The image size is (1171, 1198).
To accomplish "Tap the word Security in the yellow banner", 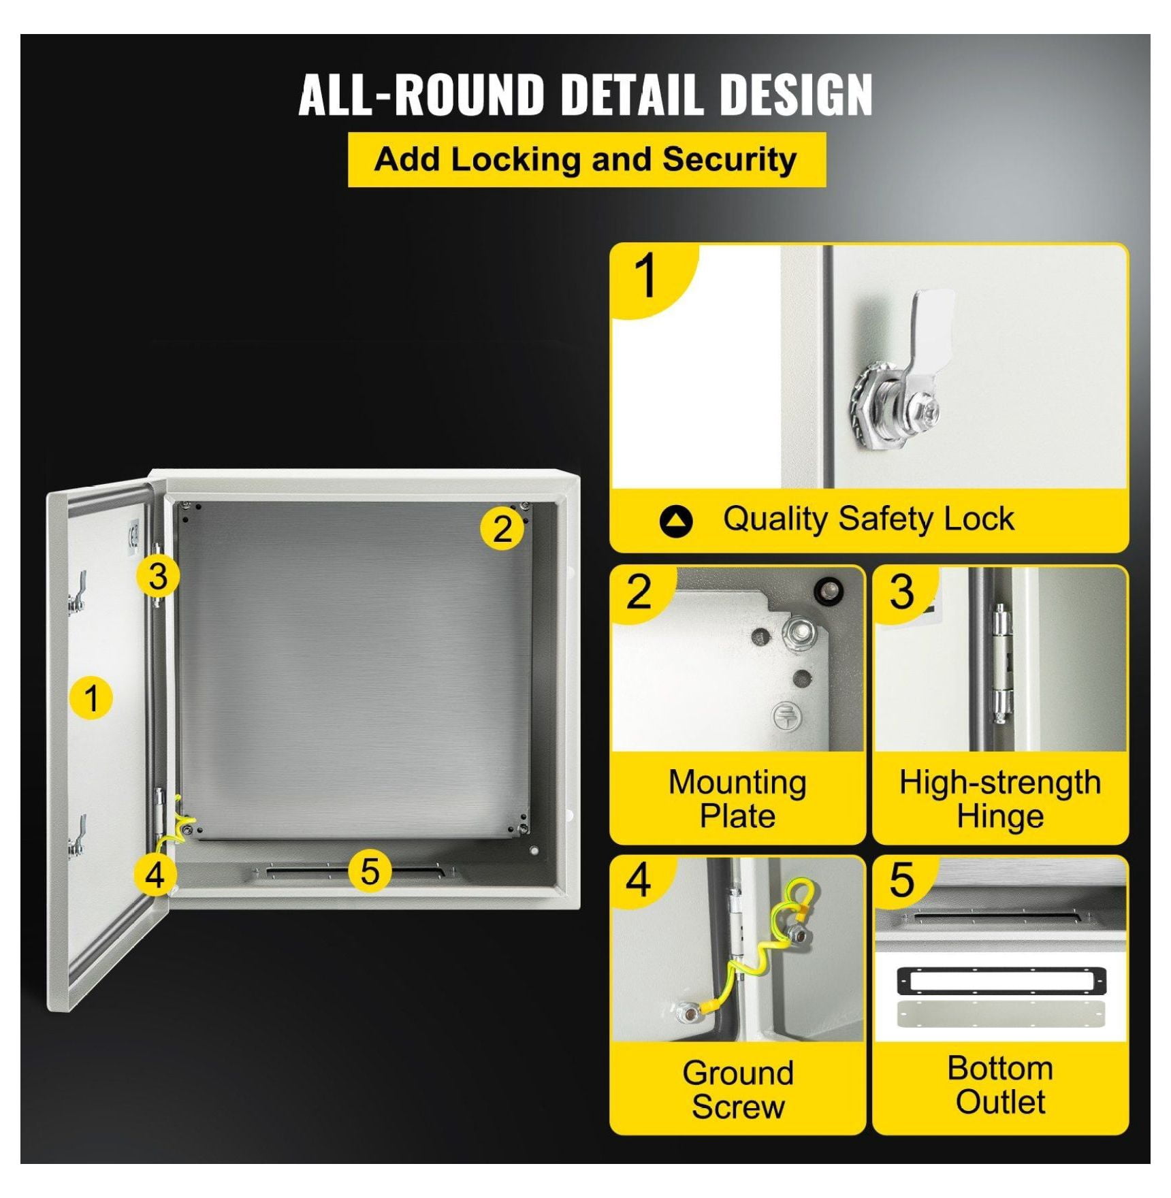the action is click(729, 159).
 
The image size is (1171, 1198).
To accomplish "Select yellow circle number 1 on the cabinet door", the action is click(91, 698).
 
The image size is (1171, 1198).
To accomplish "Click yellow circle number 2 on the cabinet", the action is click(502, 528).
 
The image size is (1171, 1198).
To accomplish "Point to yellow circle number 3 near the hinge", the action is click(158, 576).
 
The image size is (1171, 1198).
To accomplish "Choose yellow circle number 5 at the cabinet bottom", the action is click(370, 871).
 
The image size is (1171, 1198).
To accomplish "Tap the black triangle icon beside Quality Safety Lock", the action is click(676, 521).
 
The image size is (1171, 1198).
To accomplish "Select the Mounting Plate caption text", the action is click(737, 798).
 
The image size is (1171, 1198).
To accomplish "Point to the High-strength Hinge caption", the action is click(1000, 798).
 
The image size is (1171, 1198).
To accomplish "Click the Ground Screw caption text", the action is click(738, 1089).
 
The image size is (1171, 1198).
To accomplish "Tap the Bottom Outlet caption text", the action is click(1000, 1085).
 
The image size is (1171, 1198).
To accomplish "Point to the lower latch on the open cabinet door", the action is click(77, 836).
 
